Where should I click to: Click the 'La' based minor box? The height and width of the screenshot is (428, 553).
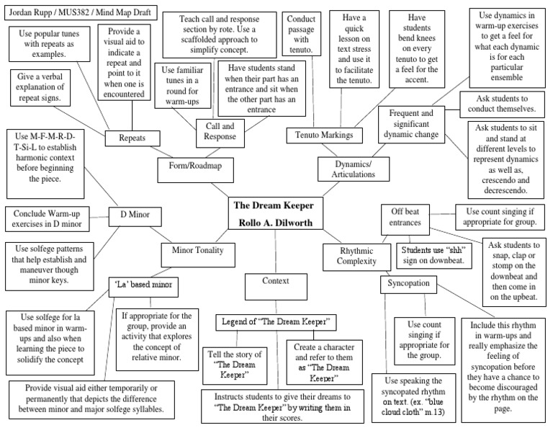(144, 287)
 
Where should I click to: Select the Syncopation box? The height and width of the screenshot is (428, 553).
(408, 284)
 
